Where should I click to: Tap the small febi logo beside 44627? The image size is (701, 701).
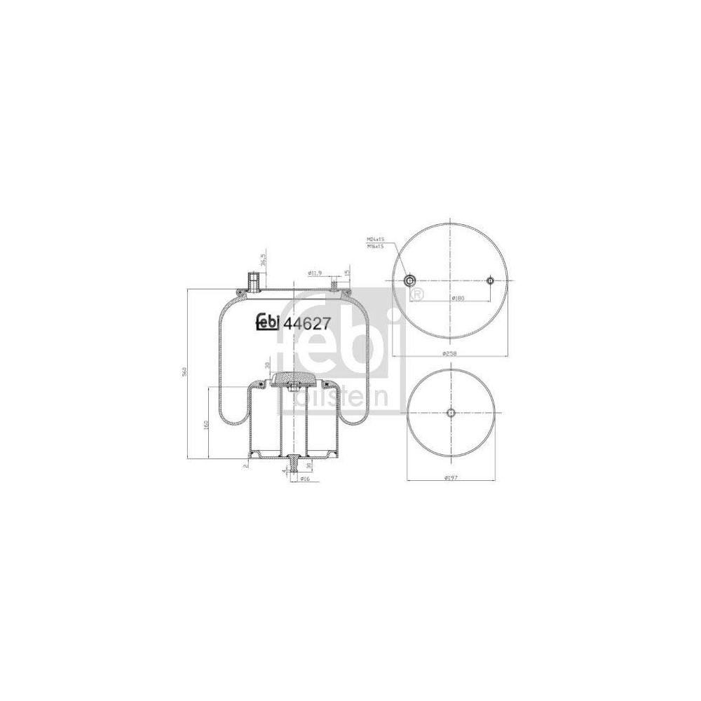coord(267,321)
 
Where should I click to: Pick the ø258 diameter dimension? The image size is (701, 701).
coord(449,353)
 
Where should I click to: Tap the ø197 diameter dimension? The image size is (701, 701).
coord(451,478)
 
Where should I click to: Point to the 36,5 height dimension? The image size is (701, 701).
coord(264,261)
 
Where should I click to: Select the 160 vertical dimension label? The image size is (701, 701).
coord(206,424)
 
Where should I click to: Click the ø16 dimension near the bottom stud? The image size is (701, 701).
coord(305,479)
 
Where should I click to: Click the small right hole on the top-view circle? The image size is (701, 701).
coord(490,281)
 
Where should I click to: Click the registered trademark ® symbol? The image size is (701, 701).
coord(416,294)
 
